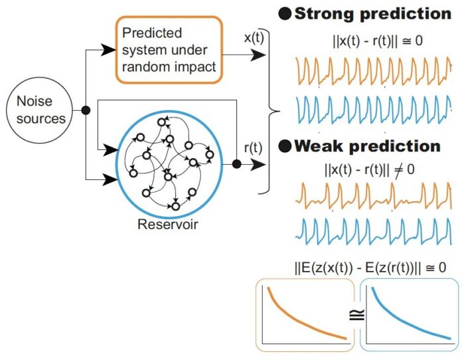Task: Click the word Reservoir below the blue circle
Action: pyautogui.click(x=167, y=224)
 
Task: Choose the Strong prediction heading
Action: pyautogui.click(x=372, y=13)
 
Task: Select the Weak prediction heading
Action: pyautogui.click(x=367, y=145)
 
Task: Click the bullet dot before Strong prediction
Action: pyautogui.click(x=284, y=14)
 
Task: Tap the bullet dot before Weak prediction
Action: pyautogui.click(x=284, y=146)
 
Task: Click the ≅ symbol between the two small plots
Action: pyautogui.click(x=356, y=315)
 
